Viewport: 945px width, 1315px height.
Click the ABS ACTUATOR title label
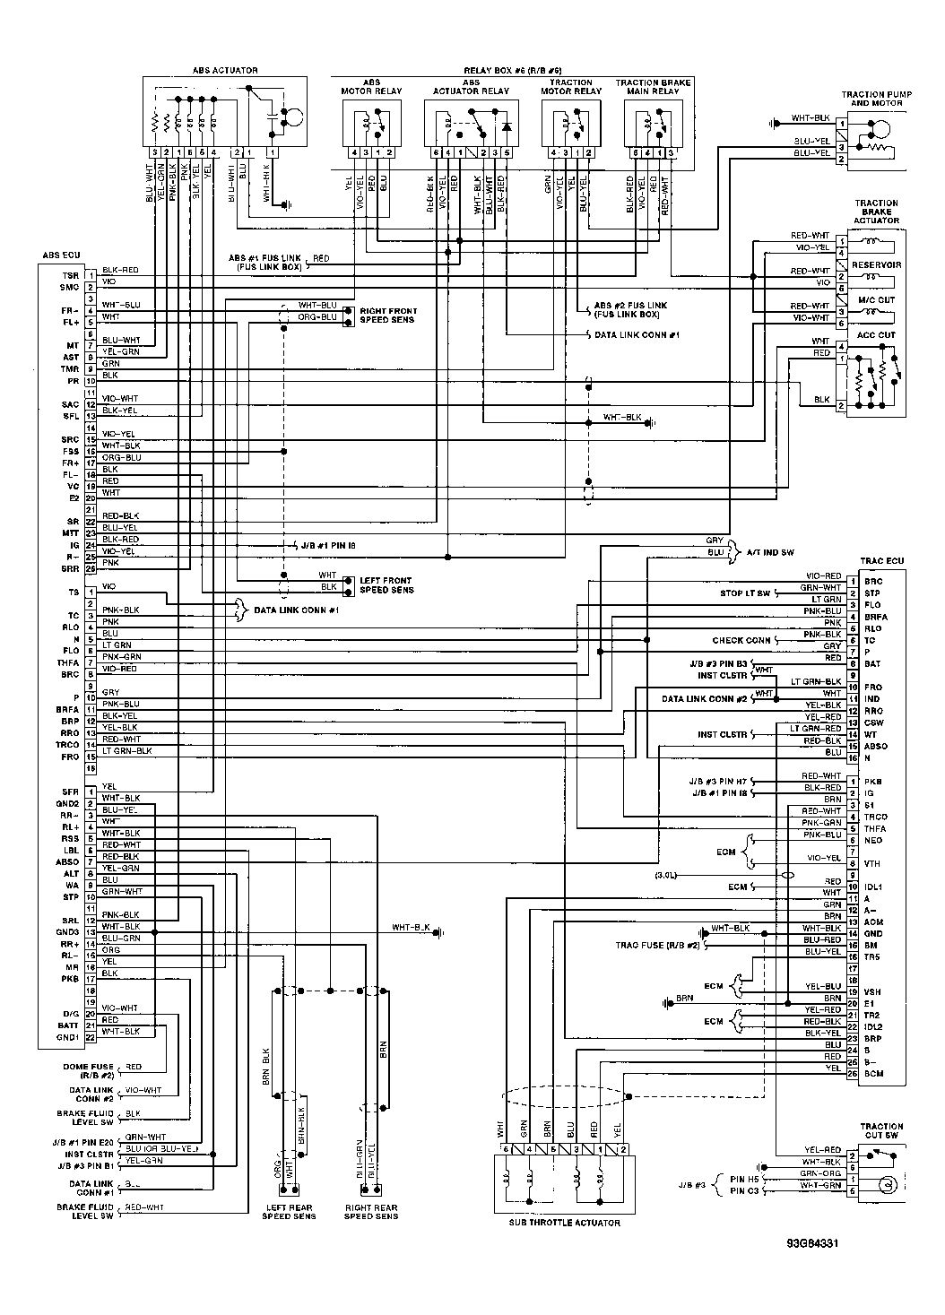pyautogui.click(x=225, y=70)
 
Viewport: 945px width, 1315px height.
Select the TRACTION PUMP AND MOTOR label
pyautogui.click(x=876, y=99)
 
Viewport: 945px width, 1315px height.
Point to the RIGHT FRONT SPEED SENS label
pyautogui.click(x=388, y=316)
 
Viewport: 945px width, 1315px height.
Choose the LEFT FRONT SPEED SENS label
pyautogui.click(x=386, y=585)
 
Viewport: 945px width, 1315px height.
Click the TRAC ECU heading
pyautogui.click(x=881, y=561)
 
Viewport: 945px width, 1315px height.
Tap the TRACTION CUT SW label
pyautogui.click(x=881, y=1131)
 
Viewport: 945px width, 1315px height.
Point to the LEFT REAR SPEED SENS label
pyautogui.click(x=289, y=1212)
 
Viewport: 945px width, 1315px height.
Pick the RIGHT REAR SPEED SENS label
pyautogui.click(x=370, y=1212)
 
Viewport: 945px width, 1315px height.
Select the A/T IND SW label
pyautogui.click(x=770, y=552)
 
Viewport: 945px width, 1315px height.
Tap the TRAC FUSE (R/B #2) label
pyautogui.click(x=656, y=945)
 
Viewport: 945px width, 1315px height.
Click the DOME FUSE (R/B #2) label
pyautogui.click(x=91, y=1070)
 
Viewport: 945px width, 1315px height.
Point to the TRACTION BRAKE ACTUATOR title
pyautogui.click(x=876, y=212)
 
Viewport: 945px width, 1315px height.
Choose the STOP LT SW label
pyautogui.click(x=745, y=593)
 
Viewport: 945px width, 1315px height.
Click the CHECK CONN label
pyautogui.click(x=741, y=641)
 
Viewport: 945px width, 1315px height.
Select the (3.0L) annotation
pyautogui.click(x=668, y=874)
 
